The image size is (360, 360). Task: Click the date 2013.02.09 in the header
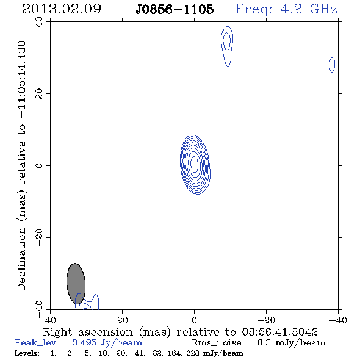pyautogui.click(x=62, y=9)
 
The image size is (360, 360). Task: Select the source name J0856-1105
pyautogui.click(x=175, y=9)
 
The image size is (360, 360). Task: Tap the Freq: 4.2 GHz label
pyautogui.click(x=286, y=9)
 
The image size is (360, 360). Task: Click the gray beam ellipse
pyautogui.click(x=76, y=284)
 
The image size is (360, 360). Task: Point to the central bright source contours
pyautogui.click(x=195, y=165)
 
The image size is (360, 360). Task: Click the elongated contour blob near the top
pyautogui.click(x=227, y=46)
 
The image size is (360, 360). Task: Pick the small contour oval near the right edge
pyautogui.click(x=332, y=65)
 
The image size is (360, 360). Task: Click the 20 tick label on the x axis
pyautogui.click(x=123, y=320)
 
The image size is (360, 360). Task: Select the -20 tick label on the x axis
pyautogui.click(x=266, y=320)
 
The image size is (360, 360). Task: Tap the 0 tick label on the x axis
pyautogui.click(x=194, y=320)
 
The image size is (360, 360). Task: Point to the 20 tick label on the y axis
pyautogui.click(x=39, y=94)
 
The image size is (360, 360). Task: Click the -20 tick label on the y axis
pyautogui.click(x=39, y=237)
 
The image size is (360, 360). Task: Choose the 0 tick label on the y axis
pyautogui.click(x=39, y=165)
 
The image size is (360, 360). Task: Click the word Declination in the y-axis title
pyautogui.click(x=21, y=259)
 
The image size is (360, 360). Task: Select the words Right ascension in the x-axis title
pyautogui.click(x=88, y=332)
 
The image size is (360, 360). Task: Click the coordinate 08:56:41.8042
pyautogui.click(x=280, y=332)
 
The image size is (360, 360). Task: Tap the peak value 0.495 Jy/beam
pyautogui.click(x=107, y=342)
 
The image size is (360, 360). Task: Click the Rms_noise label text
pyautogui.click(x=220, y=343)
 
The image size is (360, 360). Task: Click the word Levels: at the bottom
pyautogui.click(x=27, y=353)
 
